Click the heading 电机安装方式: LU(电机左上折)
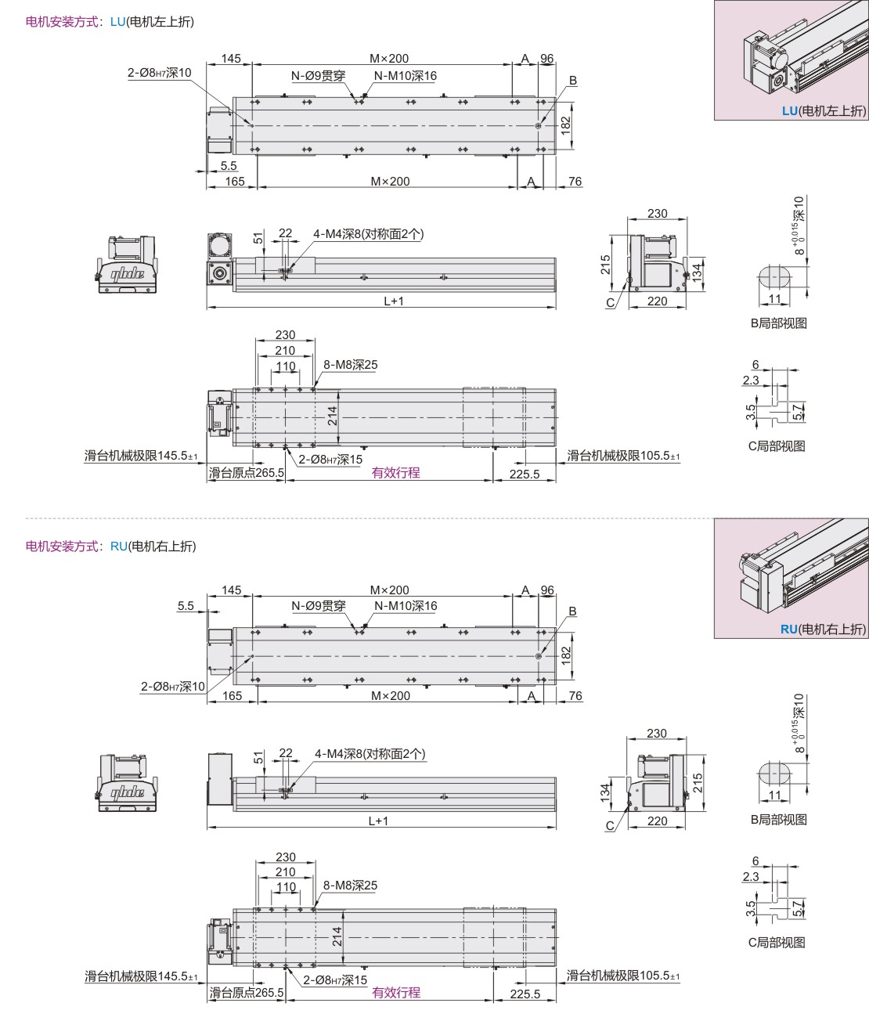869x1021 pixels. pos(110,22)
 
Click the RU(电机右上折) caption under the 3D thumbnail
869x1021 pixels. pos(823,629)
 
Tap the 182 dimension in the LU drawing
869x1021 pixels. pos(566,125)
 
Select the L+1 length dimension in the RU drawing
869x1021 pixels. pos(378,821)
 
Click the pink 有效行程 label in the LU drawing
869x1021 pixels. pos(395,473)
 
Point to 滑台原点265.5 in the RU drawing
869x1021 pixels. pos(247,992)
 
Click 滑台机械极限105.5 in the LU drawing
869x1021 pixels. pos(623,456)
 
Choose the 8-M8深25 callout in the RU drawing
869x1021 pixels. pos(350,886)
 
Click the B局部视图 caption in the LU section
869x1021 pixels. pos(779,323)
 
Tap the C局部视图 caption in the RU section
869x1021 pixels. pos(777,943)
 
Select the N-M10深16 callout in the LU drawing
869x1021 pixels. pos(405,76)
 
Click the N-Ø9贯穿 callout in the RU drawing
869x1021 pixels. pos(318,605)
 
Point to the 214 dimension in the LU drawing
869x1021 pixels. pos(333,416)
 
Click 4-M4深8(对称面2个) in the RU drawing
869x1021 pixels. pos(370,753)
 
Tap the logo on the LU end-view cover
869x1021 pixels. pos(127,273)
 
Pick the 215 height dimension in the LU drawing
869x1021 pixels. pos(606,265)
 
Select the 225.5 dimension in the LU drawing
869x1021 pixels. pos(525,474)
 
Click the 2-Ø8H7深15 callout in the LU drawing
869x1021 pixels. pos(330,460)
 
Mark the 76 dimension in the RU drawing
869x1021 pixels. pos(575,695)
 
